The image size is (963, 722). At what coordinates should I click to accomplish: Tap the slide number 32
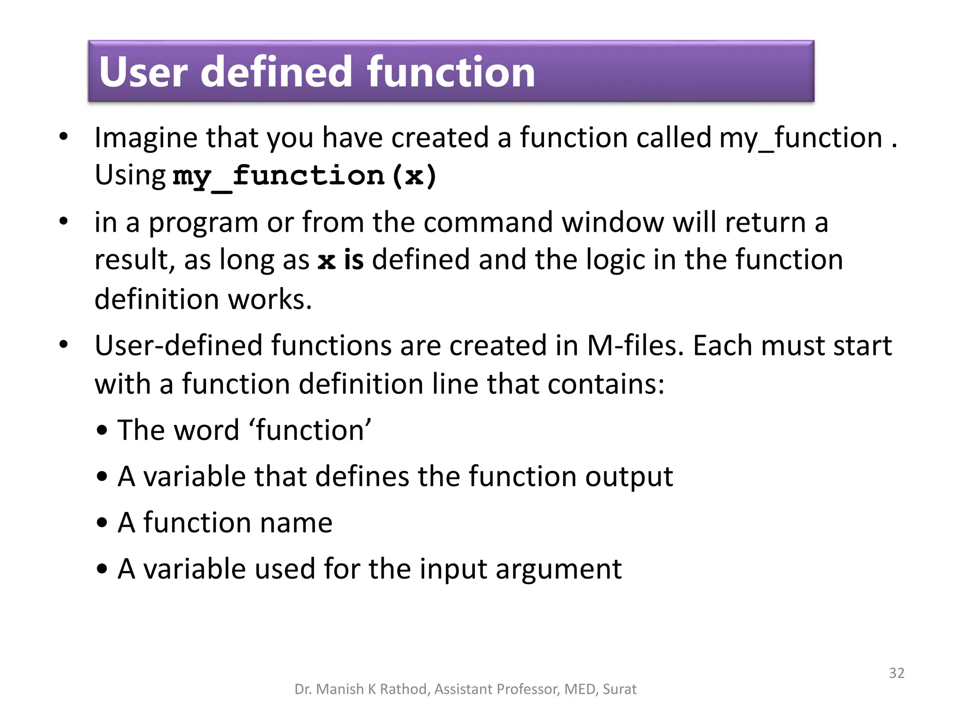[896, 673]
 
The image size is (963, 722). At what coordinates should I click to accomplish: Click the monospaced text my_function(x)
[305, 176]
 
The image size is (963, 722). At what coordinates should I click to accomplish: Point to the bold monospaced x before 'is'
[326, 260]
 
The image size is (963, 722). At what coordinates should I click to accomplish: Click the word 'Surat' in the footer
[619, 689]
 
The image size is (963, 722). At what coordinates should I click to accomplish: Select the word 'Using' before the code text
[130, 175]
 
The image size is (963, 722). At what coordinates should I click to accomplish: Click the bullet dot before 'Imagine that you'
[63, 137]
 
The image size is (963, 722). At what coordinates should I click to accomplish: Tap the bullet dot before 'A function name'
[102, 523]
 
